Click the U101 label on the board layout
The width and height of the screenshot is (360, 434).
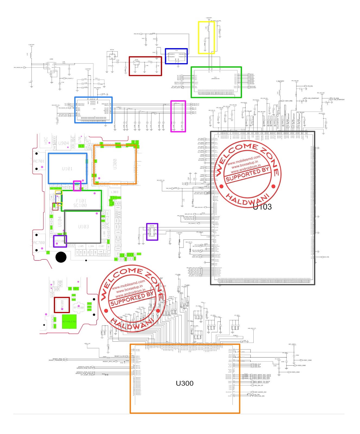pos(67,169)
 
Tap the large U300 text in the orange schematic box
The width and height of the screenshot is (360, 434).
pos(184,383)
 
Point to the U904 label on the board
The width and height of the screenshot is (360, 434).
pos(63,143)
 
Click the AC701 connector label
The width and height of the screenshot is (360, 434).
pos(39,161)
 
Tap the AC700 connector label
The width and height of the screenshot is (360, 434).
pos(39,242)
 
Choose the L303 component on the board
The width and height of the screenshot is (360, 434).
pos(114,192)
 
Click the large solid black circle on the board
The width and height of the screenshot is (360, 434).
pos(61,257)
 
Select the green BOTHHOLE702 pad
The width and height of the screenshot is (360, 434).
pos(69,322)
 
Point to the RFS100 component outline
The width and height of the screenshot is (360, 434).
pos(79,308)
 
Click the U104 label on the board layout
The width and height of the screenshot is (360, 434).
pos(60,221)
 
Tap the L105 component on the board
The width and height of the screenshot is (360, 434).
pos(81,246)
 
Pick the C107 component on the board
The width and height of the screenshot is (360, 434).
pos(101,246)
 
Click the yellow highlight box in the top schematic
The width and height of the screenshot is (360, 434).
pos(206,37)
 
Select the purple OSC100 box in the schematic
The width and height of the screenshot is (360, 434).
pos(152,232)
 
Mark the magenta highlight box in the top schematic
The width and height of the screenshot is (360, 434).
pos(178,116)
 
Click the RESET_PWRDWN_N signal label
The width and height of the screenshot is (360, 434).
pos(56,360)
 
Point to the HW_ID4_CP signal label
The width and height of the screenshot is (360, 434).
pos(258,385)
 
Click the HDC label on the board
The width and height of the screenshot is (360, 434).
pos(46,140)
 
